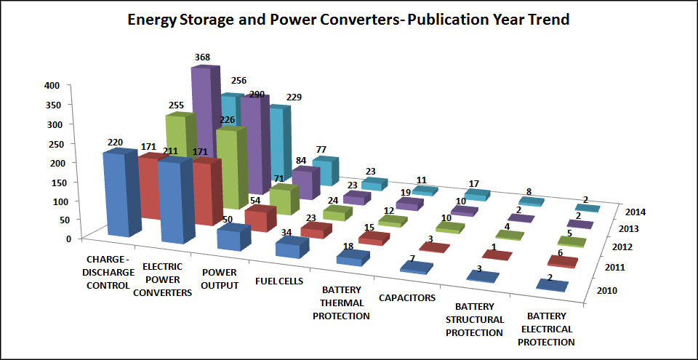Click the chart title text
(348, 20)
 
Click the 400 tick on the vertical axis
(52, 85)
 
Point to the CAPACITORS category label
(406, 297)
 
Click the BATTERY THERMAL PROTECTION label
(345, 303)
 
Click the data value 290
(257, 96)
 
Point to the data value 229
(294, 97)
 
